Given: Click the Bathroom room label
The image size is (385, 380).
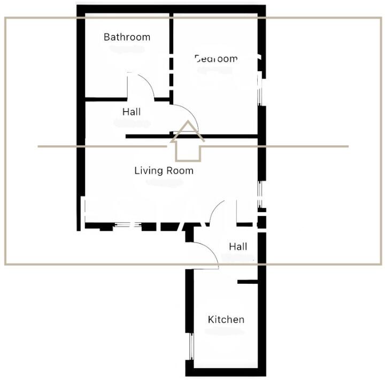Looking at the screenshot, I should point(127,37).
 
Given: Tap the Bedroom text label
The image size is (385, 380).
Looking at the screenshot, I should point(215,59).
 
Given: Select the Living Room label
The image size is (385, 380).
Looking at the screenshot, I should point(164,171).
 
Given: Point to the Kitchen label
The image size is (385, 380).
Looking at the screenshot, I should point(226,320).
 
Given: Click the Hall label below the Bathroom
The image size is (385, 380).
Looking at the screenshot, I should point(132,112).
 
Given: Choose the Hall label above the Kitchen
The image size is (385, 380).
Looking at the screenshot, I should point(238,247).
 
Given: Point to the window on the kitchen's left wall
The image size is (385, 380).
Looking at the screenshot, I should point(190,348).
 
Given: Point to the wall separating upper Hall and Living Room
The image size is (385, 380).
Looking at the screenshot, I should point(150,136).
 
